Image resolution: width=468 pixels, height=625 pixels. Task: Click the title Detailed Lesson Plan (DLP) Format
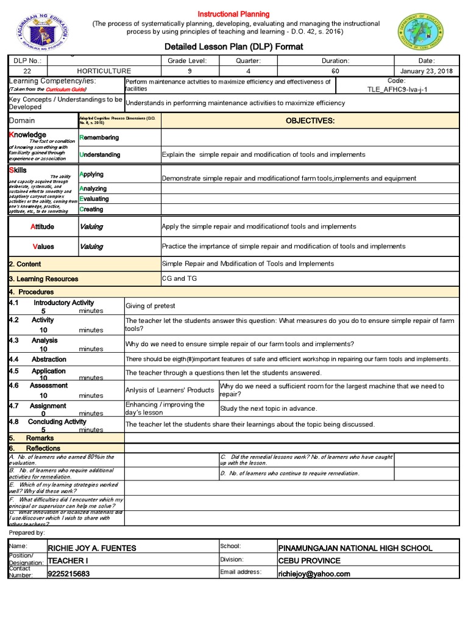(234, 47)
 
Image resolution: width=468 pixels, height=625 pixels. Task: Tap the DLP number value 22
(27, 71)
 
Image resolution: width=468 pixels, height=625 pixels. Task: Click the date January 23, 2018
(426, 71)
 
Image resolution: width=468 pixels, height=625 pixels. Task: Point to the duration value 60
(335, 71)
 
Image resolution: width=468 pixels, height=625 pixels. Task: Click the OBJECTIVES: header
(310, 121)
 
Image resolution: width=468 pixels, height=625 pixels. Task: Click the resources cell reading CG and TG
(176, 278)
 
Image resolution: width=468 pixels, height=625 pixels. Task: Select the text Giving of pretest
(150, 306)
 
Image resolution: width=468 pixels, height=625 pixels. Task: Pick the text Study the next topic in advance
(268, 408)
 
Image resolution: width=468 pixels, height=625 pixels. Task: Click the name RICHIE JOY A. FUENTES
(92, 548)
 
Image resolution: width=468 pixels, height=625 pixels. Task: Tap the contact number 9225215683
(68, 574)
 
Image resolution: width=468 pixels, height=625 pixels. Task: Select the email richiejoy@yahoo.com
(314, 574)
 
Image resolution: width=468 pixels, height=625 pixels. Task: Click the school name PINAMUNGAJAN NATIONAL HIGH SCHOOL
(355, 548)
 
